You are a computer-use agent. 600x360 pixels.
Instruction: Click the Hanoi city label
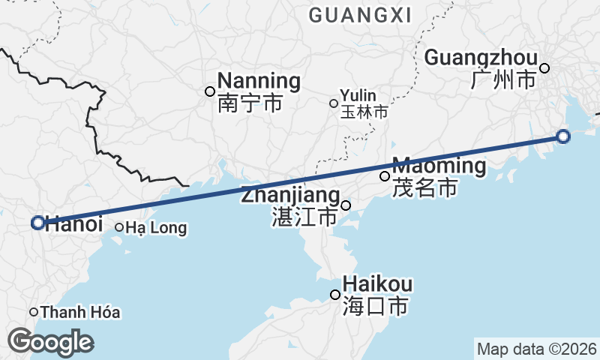[x=73, y=223]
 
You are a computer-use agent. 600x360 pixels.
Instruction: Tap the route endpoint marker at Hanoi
[x=38, y=223]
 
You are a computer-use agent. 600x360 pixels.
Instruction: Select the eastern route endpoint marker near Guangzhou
[x=563, y=136]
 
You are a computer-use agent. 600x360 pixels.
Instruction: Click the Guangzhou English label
[x=481, y=58]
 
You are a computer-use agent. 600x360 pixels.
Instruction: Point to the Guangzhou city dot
[x=544, y=68]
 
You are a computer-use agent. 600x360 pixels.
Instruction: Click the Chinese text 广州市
[x=504, y=79]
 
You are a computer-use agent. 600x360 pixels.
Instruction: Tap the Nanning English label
[x=259, y=81]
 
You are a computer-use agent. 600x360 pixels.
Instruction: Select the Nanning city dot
[x=210, y=91]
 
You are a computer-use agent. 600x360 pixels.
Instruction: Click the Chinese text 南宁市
[x=250, y=103]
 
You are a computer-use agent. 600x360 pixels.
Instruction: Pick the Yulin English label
[x=358, y=96]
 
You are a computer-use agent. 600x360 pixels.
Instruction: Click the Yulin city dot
[x=334, y=103]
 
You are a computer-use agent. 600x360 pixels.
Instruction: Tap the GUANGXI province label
[x=359, y=15]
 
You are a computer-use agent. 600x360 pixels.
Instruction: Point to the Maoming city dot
[x=385, y=176]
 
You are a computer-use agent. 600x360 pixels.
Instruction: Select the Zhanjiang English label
[x=291, y=196]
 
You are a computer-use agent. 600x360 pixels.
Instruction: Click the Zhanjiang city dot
[x=346, y=205]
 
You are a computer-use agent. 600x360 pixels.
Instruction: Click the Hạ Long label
[x=156, y=228]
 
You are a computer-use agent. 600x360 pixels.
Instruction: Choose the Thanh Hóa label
[x=80, y=312]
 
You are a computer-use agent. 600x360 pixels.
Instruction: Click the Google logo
[x=50, y=342]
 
